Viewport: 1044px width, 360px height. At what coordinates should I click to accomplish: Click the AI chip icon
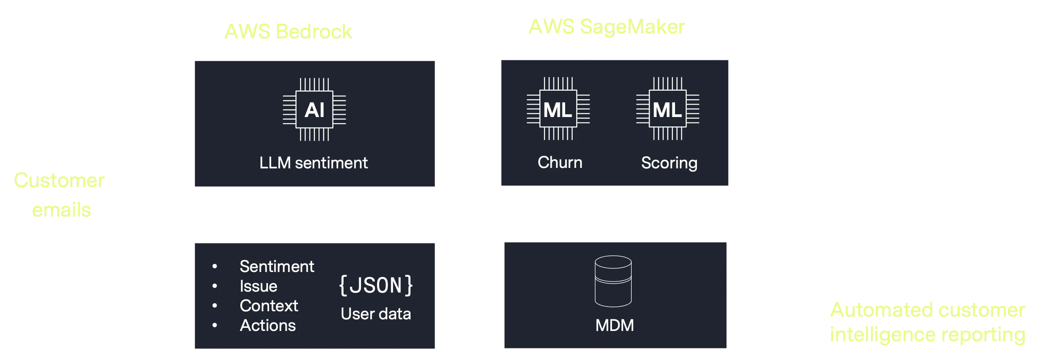click(314, 109)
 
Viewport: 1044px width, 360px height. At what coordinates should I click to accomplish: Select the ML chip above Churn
click(558, 109)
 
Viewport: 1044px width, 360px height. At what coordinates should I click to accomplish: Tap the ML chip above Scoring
click(667, 109)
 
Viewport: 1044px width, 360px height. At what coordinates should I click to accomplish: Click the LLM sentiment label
click(314, 163)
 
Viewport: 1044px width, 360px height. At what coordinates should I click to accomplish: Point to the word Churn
click(560, 163)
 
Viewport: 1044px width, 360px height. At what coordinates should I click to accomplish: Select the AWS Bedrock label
click(288, 31)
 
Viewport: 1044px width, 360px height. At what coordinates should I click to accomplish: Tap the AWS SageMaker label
click(606, 28)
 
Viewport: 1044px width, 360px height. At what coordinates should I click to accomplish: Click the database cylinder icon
click(613, 281)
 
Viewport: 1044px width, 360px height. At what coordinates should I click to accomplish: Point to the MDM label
click(614, 325)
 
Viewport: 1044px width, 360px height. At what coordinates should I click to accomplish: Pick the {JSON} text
click(376, 286)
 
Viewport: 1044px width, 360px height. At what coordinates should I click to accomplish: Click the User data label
click(376, 314)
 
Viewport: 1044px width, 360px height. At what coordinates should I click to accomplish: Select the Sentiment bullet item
click(277, 267)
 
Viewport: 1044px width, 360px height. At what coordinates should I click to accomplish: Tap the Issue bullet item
click(258, 286)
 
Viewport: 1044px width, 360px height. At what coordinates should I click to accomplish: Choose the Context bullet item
click(268, 306)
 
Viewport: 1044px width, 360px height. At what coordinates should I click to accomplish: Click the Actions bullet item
click(268, 326)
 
